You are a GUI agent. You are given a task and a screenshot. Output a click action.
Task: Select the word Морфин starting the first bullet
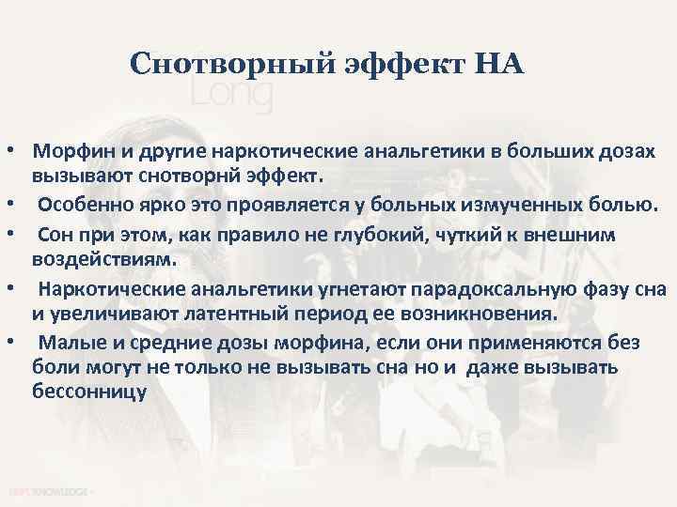click(x=67, y=151)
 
